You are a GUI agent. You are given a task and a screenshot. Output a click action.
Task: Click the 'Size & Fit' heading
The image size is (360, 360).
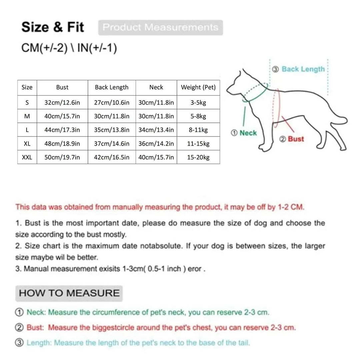pyautogui.click(x=53, y=27)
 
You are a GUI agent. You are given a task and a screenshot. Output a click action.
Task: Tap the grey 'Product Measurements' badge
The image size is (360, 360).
pyautogui.click(x=160, y=27)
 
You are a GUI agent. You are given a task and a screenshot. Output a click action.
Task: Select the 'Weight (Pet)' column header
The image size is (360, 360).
pyautogui.click(x=198, y=87)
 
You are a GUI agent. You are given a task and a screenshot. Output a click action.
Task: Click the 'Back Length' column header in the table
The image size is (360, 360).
pyautogui.click(x=112, y=87)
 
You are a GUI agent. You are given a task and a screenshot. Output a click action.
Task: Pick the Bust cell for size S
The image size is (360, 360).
pyautogui.click(x=62, y=103)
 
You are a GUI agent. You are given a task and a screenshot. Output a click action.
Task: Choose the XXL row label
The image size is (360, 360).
pyautogui.click(x=27, y=157)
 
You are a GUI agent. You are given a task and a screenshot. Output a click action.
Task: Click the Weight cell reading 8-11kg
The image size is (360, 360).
pyautogui.click(x=198, y=130)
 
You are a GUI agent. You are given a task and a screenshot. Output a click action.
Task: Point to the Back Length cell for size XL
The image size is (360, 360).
pyautogui.click(x=112, y=144)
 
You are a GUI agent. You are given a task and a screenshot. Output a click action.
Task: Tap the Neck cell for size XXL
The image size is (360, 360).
pyautogui.click(x=156, y=157)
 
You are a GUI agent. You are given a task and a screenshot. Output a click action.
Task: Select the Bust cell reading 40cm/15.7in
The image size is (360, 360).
pyautogui.click(x=62, y=116)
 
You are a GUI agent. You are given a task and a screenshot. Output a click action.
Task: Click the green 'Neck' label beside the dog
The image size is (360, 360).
pyautogui.click(x=248, y=133)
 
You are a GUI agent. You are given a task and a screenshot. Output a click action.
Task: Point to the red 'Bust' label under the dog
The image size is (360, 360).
pyautogui.click(x=296, y=139)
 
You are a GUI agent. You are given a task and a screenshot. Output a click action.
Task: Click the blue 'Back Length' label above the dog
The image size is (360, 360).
pyautogui.click(x=303, y=69)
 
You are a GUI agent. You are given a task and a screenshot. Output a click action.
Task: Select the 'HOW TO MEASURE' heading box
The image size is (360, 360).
pyautogui.click(x=69, y=293)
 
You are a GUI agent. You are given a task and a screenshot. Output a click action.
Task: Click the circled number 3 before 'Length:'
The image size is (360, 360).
pyautogui.click(x=19, y=342)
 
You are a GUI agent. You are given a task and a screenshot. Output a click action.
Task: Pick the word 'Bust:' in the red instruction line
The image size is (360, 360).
pyautogui.click(x=35, y=327)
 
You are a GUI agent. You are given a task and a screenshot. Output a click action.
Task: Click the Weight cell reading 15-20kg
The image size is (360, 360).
pyautogui.click(x=198, y=157)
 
